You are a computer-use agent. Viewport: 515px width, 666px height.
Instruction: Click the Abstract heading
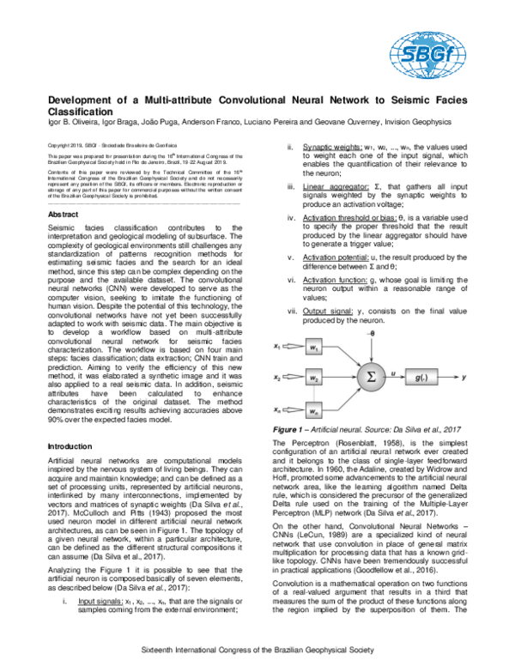point(65,214)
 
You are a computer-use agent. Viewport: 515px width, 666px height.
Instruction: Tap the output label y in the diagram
point(488,376)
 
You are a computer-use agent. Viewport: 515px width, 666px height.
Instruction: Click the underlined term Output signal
point(327,310)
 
